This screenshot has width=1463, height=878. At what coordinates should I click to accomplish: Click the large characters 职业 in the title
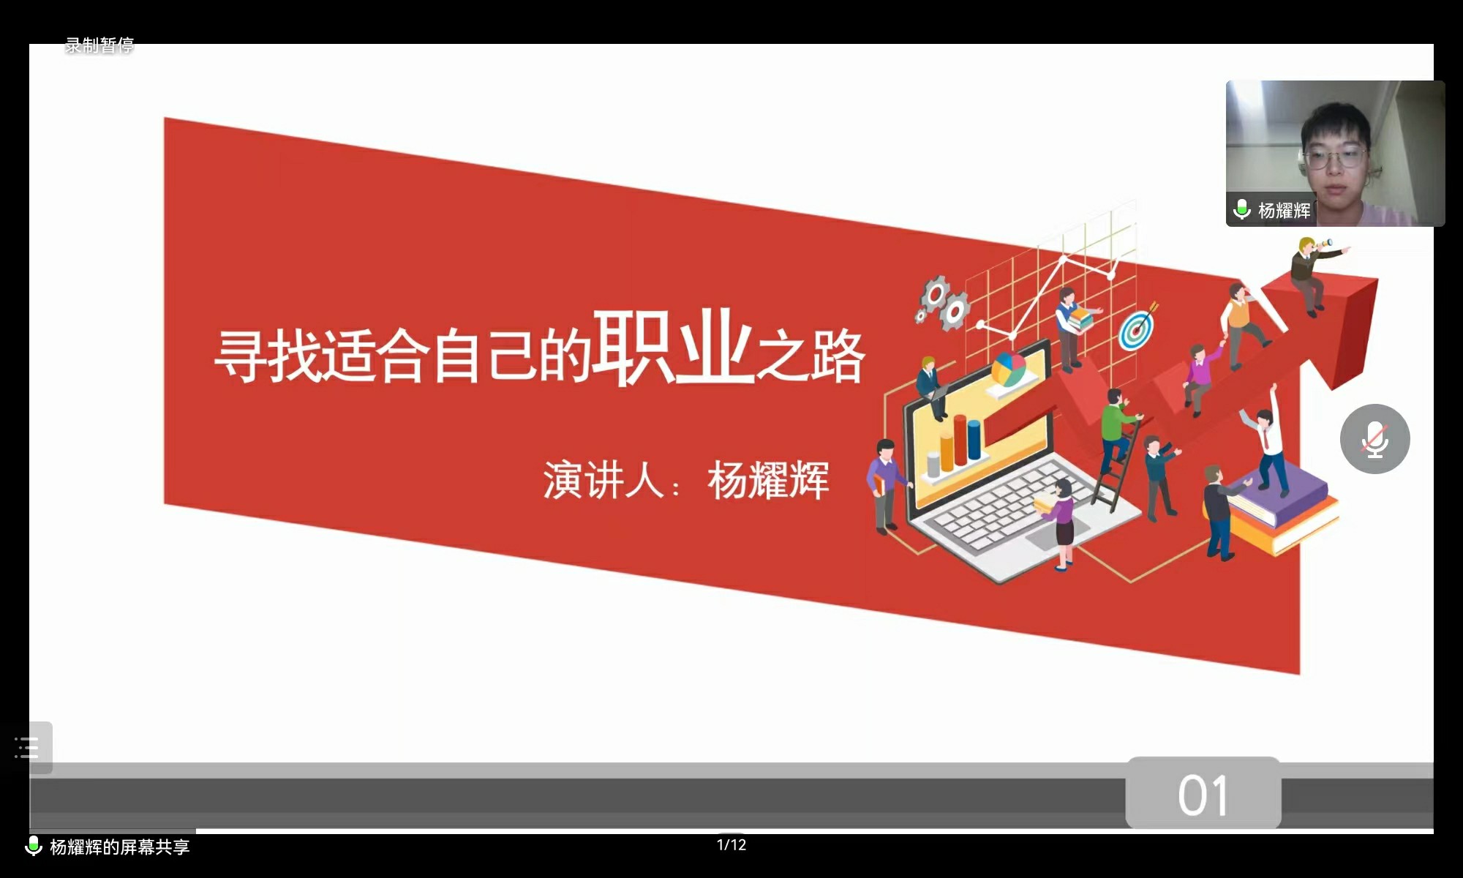point(673,347)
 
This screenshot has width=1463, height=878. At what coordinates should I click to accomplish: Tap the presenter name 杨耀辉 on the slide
point(768,481)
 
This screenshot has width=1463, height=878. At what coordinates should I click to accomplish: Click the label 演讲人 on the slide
point(603,481)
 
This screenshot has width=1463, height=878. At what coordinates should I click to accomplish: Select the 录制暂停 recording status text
point(99,45)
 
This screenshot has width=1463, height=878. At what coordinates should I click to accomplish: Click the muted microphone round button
point(1375,439)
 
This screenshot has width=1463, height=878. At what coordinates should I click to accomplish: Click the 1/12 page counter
point(731,845)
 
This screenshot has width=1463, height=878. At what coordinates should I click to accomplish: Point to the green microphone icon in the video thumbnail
point(1241,209)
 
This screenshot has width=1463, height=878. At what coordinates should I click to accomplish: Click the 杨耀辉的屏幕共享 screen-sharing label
point(120,847)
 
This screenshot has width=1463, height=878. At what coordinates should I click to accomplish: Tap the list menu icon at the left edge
point(27,748)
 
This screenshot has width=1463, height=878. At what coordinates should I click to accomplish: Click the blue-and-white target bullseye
point(1136,330)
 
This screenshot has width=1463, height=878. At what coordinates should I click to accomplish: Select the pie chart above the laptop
point(1009,369)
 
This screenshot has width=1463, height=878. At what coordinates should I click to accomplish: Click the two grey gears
point(942,301)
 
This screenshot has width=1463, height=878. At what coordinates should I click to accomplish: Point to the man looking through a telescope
point(1315,274)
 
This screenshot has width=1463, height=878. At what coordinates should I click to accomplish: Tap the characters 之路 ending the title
point(811,356)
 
